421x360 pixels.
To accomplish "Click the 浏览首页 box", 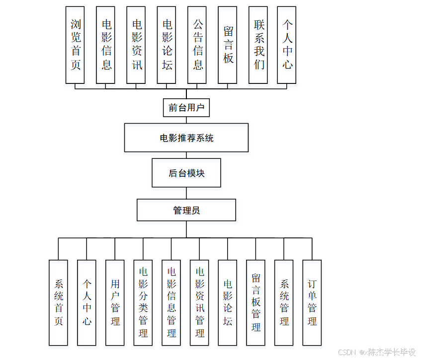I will click(76, 45).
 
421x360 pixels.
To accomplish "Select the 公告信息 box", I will click(197, 45).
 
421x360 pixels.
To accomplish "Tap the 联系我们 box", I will click(258, 45).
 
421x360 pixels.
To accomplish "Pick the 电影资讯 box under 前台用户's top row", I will click(136, 45).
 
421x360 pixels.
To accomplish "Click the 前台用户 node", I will click(186, 107).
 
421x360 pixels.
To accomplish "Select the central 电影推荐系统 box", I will click(186, 138).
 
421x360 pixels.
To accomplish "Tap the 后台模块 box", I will click(186, 173).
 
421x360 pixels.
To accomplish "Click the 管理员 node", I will click(186, 211).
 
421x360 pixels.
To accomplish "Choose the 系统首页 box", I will click(59, 302).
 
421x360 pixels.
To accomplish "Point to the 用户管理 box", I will click(115, 302).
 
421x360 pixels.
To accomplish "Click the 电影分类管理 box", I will click(143, 302).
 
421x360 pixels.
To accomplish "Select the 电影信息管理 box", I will click(171, 302).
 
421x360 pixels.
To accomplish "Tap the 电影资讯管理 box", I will click(199, 302).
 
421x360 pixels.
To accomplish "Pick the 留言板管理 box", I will click(256, 302).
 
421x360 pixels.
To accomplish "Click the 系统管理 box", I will click(284, 302).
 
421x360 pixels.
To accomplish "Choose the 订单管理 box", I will click(312, 302).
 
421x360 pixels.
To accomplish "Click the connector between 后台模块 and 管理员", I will click(186, 193).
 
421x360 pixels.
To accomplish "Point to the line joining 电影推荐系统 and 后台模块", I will click(186, 155).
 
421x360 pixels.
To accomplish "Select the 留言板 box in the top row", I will click(228, 45).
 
